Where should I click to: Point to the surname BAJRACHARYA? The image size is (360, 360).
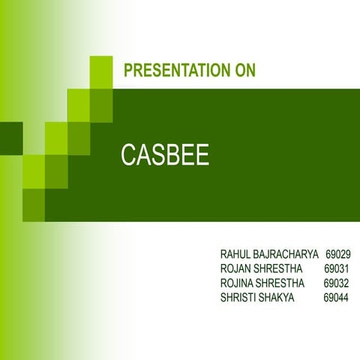(x=288, y=255)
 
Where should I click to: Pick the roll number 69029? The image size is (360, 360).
(x=339, y=255)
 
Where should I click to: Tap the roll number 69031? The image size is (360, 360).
(x=337, y=269)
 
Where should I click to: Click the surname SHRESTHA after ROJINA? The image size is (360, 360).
(x=283, y=283)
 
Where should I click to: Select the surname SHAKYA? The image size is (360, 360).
(x=278, y=298)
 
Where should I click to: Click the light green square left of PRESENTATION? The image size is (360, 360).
(x=101, y=71)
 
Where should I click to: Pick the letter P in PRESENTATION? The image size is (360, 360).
(x=127, y=71)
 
